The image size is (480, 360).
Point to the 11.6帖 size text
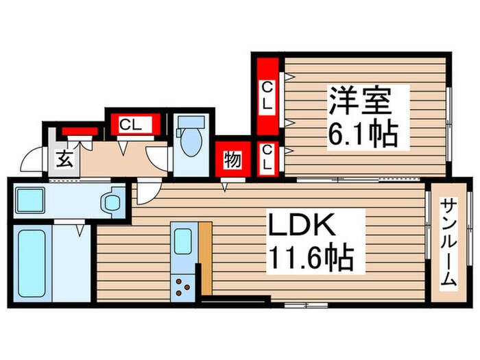point(311,259)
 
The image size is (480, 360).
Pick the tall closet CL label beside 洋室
point(267,97)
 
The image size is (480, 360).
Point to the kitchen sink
point(182,241)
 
